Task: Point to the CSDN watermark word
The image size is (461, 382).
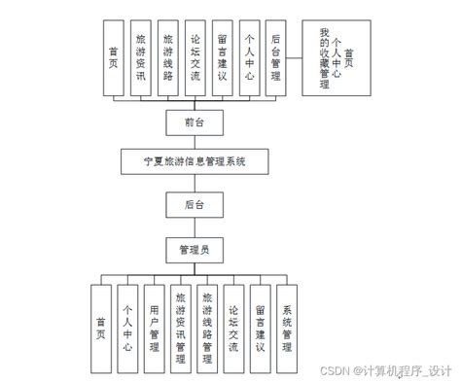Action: click(336, 370)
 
